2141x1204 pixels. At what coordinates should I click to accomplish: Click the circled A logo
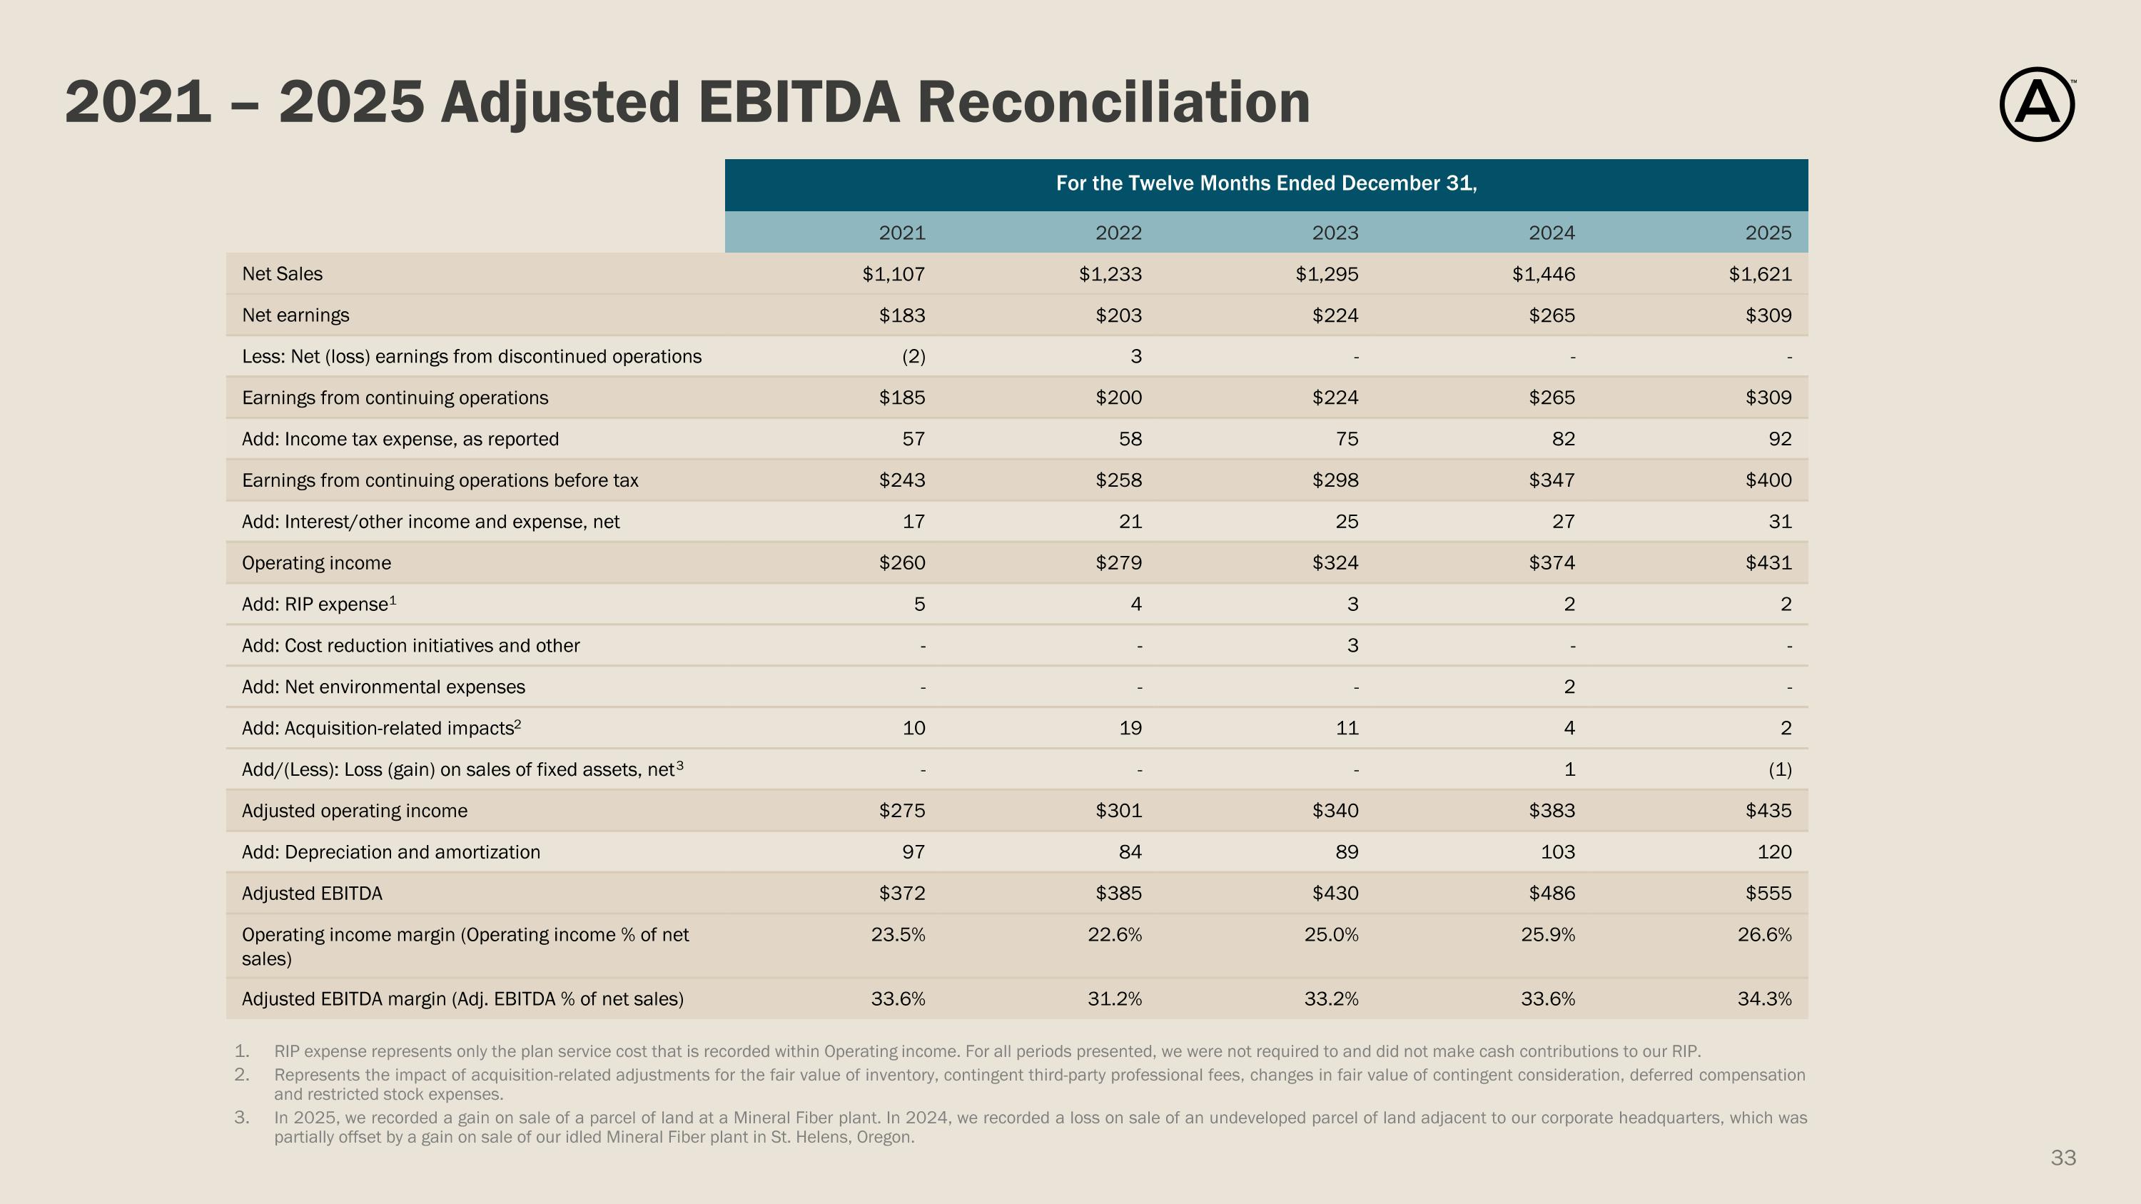2036,104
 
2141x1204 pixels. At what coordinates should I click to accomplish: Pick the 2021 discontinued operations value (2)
913,356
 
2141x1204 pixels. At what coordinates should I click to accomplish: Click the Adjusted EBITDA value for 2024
1552,894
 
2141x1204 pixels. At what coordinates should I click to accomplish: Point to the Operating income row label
316,563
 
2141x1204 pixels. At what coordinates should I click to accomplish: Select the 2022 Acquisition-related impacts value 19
1130,728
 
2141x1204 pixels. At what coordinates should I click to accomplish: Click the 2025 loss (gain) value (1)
1779,769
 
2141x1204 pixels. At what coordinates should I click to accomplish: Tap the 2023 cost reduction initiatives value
1352,646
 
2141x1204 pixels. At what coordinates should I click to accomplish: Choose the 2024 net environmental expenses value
1569,687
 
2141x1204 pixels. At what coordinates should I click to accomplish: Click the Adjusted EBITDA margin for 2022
1115,998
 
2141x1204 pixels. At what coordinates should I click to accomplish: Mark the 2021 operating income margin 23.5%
898,935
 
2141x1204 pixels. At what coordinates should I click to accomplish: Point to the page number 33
2063,1158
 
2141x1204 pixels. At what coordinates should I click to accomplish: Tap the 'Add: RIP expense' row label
319,604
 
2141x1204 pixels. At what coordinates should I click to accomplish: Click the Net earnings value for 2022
1119,315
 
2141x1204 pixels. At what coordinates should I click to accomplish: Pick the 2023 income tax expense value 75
1347,439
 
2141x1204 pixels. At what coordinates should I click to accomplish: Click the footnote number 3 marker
241,1118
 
